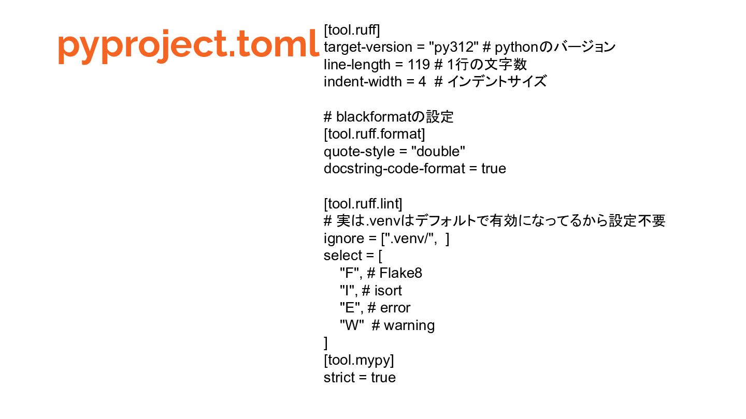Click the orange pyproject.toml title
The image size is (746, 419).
(x=187, y=46)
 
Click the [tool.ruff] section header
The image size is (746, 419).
(x=352, y=30)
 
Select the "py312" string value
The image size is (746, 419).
(x=453, y=48)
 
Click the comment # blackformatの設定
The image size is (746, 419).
(x=389, y=117)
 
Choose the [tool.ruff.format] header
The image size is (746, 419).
(x=374, y=134)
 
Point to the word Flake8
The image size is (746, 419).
(x=400, y=273)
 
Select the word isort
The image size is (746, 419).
(x=388, y=291)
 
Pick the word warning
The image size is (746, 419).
(x=409, y=325)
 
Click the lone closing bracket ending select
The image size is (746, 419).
(x=326, y=343)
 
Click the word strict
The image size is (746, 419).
(x=339, y=378)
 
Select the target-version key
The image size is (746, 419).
(x=367, y=48)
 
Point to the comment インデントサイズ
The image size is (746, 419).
(x=496, y=82)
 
